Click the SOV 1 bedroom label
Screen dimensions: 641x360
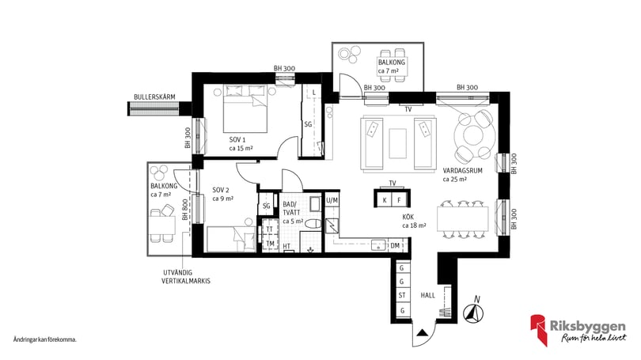[237, 140]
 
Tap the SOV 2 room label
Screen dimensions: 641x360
[221, 190]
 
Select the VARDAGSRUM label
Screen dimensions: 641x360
[463, 170]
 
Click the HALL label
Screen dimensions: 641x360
[428, 295]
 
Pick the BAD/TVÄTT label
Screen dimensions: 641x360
[291, 208]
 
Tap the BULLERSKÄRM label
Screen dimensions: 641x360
[154, 97]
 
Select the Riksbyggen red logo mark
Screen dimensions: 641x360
[539, 329]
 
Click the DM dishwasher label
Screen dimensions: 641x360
[395, 245]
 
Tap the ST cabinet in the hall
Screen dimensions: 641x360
[402, 295]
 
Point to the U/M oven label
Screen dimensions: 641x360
[332, 200]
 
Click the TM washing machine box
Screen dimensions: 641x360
[270, 244]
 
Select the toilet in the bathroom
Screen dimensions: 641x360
[314, 224]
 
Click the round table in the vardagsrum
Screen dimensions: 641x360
[474, 135]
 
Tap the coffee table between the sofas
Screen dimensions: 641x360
[398, 143]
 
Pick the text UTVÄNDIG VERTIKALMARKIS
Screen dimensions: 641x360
[186, 277]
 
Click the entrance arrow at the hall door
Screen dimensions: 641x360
[422, 332]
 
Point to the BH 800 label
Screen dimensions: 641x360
[185, 210]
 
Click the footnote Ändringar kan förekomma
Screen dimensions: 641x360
[45, 339]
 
